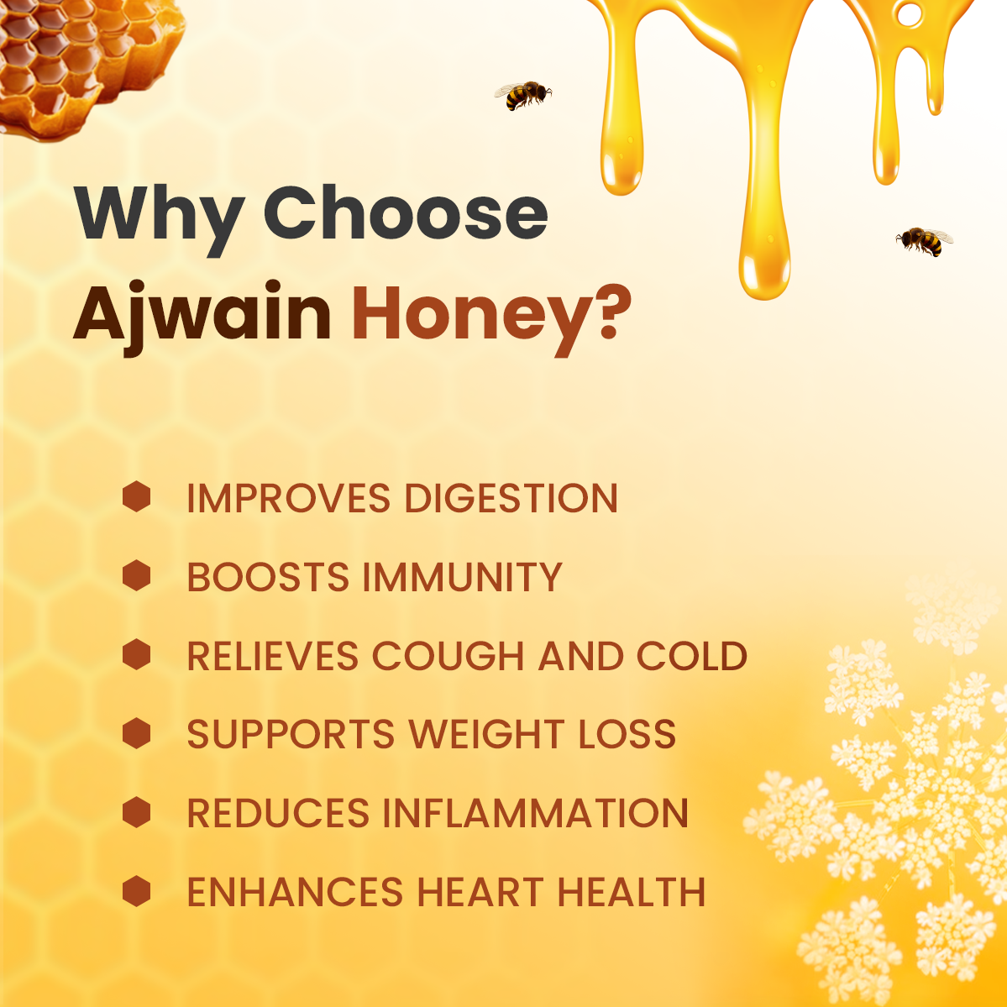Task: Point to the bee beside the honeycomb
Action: point(522,95)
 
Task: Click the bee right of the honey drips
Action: point(924,241)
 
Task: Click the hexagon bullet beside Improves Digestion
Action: point(136,497)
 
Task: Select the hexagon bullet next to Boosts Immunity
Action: point(136,576)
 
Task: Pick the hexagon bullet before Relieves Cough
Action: point(136,655)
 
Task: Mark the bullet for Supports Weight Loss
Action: point(136,734)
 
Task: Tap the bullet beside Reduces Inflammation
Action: point(136,813)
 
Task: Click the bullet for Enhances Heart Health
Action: point(136,892)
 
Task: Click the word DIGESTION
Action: point(511,498)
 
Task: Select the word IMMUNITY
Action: point(462,577)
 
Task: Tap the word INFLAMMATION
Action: point(536,814)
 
